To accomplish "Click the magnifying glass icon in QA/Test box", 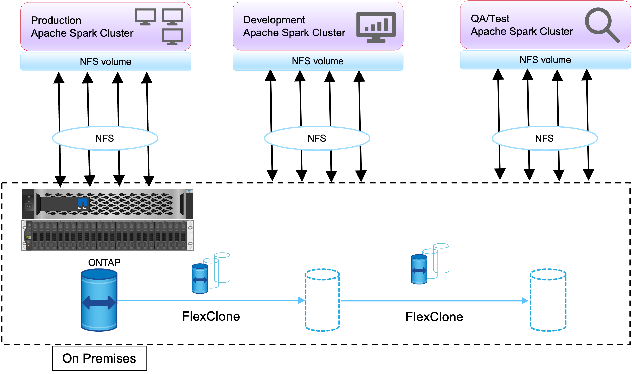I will click(602, 24).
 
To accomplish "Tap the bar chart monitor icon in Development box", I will click(376, 27).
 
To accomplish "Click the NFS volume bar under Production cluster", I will click(106, 62).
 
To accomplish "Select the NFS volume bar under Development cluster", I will click(318, 61).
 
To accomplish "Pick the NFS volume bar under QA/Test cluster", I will click(545, 60).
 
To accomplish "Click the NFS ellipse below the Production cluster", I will click(105, 138).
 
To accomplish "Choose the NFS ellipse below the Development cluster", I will click(317, 138).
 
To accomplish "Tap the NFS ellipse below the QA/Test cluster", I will click(545, 138).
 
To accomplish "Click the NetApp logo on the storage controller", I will click(83, 203).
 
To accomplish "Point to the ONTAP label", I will click(104, 263).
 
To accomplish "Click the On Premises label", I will click(99, 358).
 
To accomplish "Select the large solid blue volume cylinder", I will click(99, 301).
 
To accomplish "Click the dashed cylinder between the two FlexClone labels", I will click(323, 300).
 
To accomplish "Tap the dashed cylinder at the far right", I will click(548, 300).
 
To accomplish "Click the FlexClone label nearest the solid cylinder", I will click(211, 316).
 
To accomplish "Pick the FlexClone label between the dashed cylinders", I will click(434, 317).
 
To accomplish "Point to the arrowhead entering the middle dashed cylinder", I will click(302, 300).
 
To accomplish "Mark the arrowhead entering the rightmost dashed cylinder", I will click(525, 301).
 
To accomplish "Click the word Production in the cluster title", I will click(56, 20).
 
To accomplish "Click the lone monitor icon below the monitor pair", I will click(172, 36).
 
